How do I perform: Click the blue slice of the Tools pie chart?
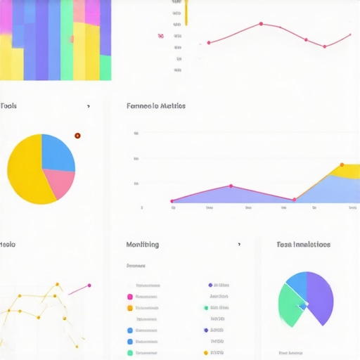pyautogui.click(x=59, y=151)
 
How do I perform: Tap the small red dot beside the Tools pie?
pyautogui.click(x=77, y=136)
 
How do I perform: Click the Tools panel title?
pyautogui.click(x=9, y=106)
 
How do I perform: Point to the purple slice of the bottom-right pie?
pyautogui.click(x=320, y=295)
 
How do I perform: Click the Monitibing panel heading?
pyautogui.click(x=142, y=245)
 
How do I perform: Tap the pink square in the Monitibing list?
pyautogui.click(x=129, y=297)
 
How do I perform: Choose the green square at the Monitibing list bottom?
pyautogui.click(x=129, y=352)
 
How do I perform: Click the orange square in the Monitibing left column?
pyautogui.click(x=129, y=308)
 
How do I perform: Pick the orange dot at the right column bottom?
pyautogui.click(x=205, y=352)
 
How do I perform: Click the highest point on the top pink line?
pyautogui.click(x=261, y=24)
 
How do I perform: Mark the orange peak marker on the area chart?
pyautogui.click(x=342, y=165)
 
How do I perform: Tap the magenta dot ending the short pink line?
pyautogui.click(x=89, y=285)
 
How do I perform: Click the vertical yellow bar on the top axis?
pyautogui.click(x=186, y=12)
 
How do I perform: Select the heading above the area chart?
pyautogui.click(x=155, y=106)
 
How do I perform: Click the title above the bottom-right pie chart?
pyautogui.click(x=303, y=245)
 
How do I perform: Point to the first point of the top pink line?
pyautogui.click(x=209, y=43)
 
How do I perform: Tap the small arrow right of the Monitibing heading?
pyautogui.click(x=239, y=245)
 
